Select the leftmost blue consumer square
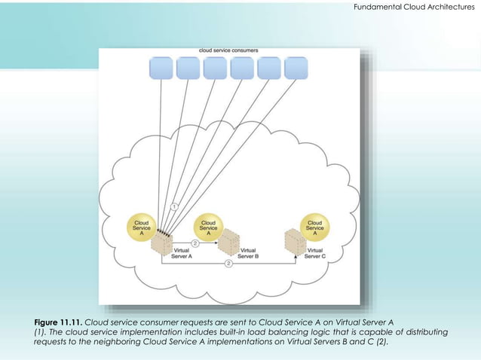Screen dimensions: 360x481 point(161,68)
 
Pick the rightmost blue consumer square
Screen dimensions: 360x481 point(296,68)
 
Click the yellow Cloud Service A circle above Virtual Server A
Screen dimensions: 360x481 point(141,227)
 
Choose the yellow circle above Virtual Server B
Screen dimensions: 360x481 point(208,227)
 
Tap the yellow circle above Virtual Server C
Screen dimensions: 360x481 point(314,227)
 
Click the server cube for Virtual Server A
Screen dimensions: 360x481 point(161,247)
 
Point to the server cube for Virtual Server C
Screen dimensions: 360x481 point(295,243)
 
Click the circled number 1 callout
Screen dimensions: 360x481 point(174,206)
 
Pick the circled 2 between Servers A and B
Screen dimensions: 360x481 point(195,243)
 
